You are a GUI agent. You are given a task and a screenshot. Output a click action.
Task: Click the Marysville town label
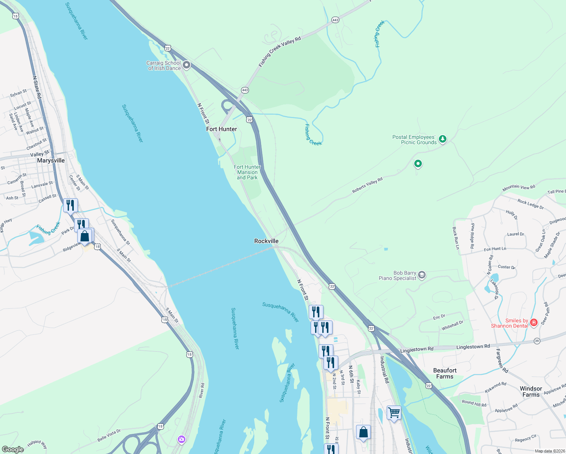click(x=51, y=160)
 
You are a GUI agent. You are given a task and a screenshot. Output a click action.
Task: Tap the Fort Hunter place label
click(x=221, y=129)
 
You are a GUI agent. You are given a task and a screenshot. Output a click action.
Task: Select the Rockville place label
click(x=266, y=241)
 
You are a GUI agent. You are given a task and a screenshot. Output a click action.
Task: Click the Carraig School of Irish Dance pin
click(x=187, y=65)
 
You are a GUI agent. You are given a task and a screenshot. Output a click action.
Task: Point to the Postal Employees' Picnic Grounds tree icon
click(x=442, y=139)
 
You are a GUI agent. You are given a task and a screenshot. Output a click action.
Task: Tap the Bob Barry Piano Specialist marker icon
click(x=422, y=275)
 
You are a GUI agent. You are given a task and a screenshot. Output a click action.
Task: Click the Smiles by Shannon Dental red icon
click(x=534, y=323)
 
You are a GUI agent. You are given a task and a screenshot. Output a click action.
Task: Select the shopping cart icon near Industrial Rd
click(x=394, y=412)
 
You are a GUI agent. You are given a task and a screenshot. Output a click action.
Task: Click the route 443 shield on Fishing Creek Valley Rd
click(x=335, y=20)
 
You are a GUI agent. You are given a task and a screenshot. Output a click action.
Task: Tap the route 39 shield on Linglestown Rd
click(x=537, y=341)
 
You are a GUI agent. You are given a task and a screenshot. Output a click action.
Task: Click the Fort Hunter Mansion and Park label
click(x=247, y=172)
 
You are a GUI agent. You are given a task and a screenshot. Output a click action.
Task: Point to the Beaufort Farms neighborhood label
click(x=445, y=373)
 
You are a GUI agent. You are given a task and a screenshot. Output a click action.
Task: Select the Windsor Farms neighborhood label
click(x=531, y=392)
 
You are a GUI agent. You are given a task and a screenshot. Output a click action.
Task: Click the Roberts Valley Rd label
click(x=367, y=185)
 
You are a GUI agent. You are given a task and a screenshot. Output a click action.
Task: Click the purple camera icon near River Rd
click(x=182, y=439)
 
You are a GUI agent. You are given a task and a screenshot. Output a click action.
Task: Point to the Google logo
click(x=13, y=449)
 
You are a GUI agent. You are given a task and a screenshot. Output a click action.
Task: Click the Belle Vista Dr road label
click(x=109, y=435)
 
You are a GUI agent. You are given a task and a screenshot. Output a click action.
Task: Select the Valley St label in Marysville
click(x=39, y=154)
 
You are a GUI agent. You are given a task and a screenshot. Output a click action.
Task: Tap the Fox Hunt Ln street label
click(x=495, y=249)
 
